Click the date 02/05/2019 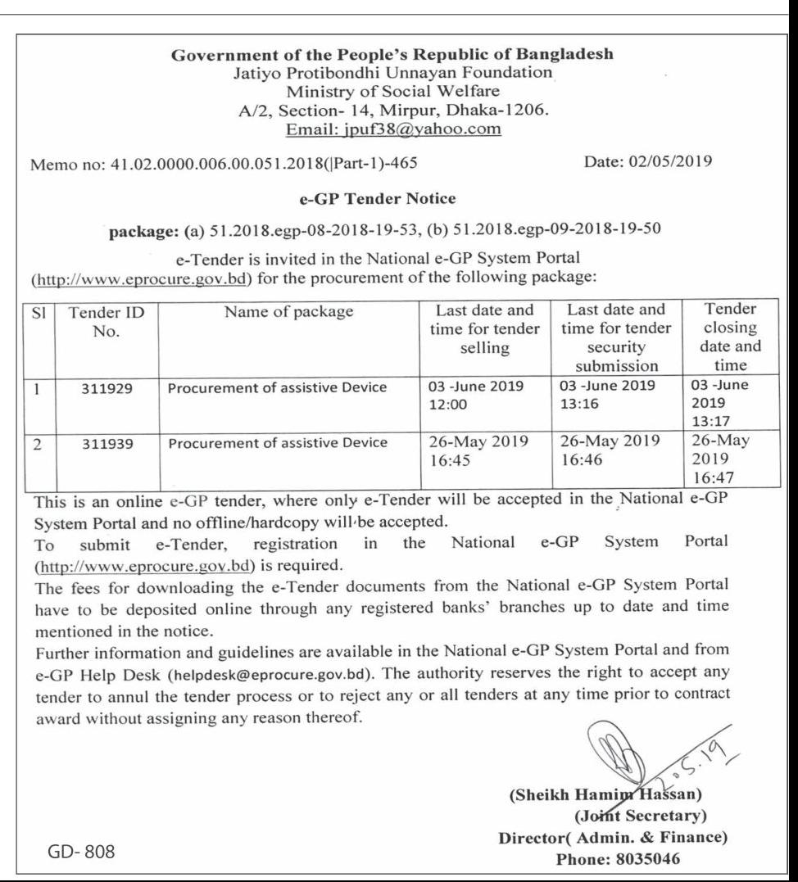[x=647, y=164]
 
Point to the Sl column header [x=31, y=312]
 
